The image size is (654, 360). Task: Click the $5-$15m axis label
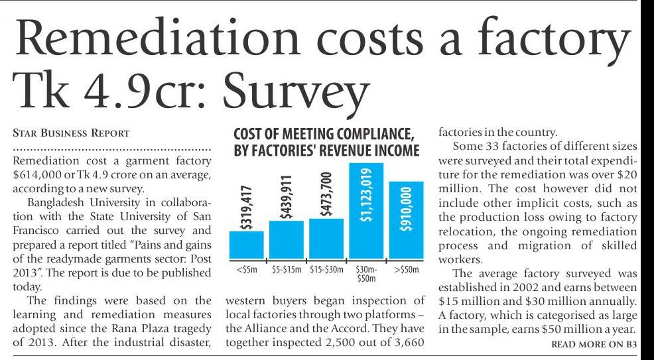[x=287, y=270]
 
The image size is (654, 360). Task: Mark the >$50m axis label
[x=405, y=270]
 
